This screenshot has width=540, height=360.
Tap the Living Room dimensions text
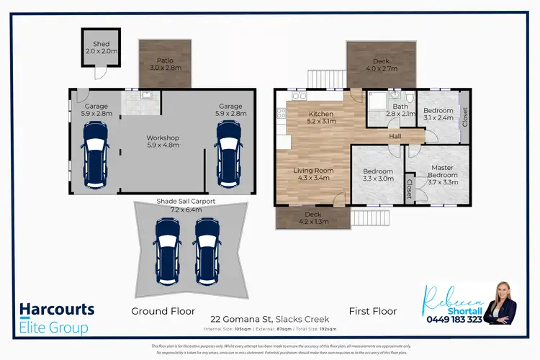tap(312, 176)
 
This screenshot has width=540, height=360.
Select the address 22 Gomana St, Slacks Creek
tap(270, 319)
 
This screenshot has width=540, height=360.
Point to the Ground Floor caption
tap(163, 311)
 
